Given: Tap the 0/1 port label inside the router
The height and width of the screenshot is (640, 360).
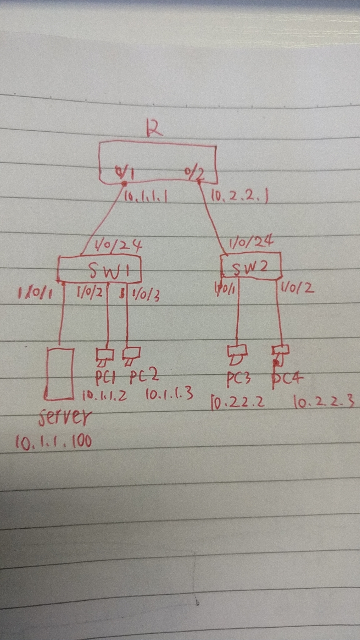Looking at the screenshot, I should click(124, 172).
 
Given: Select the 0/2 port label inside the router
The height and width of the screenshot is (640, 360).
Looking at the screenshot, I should click(195, 173).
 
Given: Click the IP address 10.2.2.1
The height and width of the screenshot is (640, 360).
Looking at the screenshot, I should click(239, 197).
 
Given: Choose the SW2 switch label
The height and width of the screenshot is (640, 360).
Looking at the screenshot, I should click(250, 267).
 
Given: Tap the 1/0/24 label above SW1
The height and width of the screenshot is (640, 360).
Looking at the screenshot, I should click(119, 246).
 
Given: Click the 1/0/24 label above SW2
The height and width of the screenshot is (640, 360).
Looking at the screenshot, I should click(251, 242).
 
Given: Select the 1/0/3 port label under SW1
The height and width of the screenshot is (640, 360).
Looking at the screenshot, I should click(145, 295).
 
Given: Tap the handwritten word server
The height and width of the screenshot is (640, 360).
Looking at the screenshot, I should click(65, 417).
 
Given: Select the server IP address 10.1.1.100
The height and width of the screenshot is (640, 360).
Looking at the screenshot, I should click(53, 442).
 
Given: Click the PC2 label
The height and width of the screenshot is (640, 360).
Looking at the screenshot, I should click(144, 377).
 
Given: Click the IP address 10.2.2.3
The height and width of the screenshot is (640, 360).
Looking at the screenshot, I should click(323, 403).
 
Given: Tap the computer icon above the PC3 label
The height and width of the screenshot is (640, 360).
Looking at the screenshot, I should click(237, 355).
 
